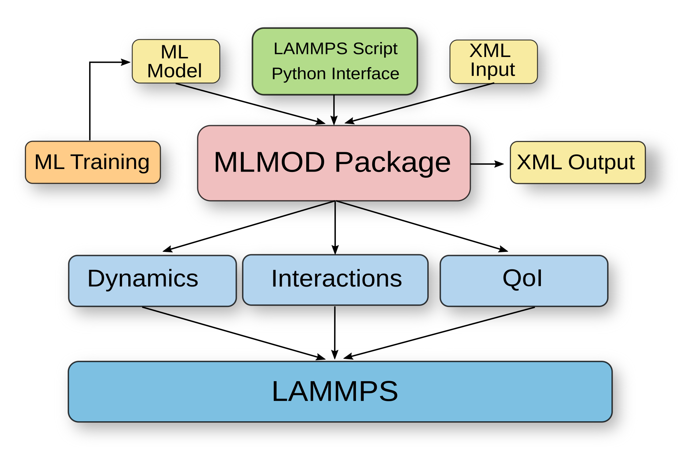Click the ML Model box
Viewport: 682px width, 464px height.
(176, 61)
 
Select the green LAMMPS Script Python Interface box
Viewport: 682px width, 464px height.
(335, 61)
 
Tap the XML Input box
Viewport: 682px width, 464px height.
(493, 62)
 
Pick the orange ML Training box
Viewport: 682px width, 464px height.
(93, 162)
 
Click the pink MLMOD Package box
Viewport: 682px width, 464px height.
(333, 163)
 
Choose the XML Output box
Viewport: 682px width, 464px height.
(577, 162)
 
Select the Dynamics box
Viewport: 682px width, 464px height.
(152, 280)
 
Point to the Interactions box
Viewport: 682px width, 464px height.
(335, 280)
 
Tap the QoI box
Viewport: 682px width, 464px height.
(524, 280)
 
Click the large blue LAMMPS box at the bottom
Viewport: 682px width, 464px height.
(340, 391)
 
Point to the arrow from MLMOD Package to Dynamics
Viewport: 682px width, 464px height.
(249, 226)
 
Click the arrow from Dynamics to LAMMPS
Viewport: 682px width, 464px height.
(234, 333)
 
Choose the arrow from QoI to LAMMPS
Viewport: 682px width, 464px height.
(439, 332)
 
